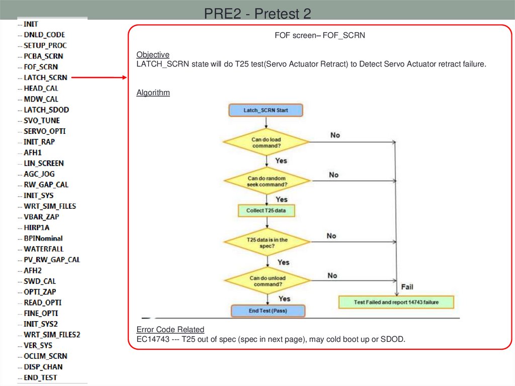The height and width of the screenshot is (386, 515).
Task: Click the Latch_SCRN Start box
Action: point(266,110)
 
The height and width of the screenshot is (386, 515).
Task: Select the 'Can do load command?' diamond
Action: point(266,142)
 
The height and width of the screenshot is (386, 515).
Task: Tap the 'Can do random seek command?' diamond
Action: point(266,181)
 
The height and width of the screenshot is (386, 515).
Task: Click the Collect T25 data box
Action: point(266,210)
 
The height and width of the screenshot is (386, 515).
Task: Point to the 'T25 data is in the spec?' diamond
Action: point(267,243)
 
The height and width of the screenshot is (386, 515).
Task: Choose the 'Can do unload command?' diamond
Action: point(267,281)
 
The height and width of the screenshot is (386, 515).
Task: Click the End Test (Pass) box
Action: point(267,311)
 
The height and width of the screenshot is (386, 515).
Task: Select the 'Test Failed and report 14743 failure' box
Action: point(396,302)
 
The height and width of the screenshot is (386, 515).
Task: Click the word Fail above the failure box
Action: point(407,287)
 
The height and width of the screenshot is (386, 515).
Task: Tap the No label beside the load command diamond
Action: point(335,135)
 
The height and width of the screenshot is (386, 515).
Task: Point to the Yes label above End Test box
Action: point(284,298)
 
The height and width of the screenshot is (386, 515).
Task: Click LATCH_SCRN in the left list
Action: point(45,78)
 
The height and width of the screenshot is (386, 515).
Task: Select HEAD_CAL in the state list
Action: point(41,88)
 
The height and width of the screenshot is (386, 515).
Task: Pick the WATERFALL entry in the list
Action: point(43,249)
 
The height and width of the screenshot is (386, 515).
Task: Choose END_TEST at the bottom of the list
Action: point(40,377)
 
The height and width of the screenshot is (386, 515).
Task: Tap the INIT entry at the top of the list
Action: point(31,24)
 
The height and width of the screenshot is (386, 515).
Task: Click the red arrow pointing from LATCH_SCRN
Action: point(98,78)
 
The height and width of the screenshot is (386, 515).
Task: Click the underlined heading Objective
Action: point(153,54)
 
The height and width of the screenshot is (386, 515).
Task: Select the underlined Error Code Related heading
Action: point(170,330)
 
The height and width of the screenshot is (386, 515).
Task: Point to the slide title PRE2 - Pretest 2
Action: point(257,14)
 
